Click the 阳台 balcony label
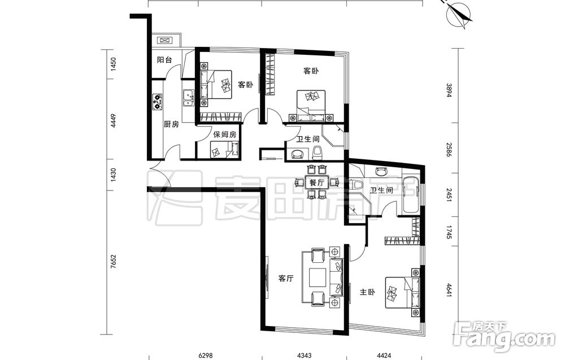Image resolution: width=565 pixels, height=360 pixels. coord(164,60)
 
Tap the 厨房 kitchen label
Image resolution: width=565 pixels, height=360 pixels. coord(171,125)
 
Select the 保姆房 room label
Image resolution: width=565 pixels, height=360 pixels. coord(224,135)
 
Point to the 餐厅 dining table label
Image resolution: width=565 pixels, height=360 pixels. coord(317,183)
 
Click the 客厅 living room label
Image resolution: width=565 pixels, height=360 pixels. coord(286,278)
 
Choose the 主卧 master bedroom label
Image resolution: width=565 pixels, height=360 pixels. coord(367,292)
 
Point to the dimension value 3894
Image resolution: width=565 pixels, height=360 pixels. coord(449,90)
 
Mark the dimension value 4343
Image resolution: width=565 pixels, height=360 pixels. coord(304,355)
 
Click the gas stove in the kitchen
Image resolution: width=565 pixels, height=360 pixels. coord(158,102)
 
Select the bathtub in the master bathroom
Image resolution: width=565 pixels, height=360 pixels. coord(411,194)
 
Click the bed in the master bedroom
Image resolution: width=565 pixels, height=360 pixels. coord(403,292)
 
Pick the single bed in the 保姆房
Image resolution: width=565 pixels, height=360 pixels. coord(225,150)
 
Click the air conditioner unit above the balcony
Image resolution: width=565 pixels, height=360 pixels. coord(166,40)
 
